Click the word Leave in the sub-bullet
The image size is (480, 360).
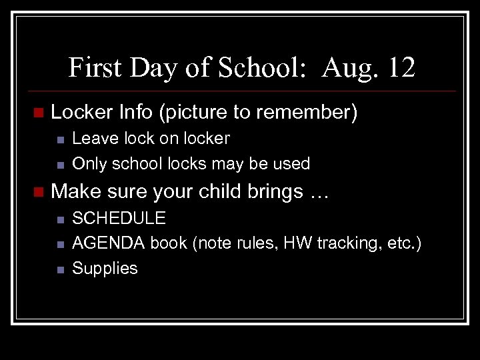[91, 139]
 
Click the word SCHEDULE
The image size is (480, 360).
[119, 218]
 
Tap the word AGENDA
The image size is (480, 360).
[109, 243]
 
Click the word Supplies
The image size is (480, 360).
[105, 269]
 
